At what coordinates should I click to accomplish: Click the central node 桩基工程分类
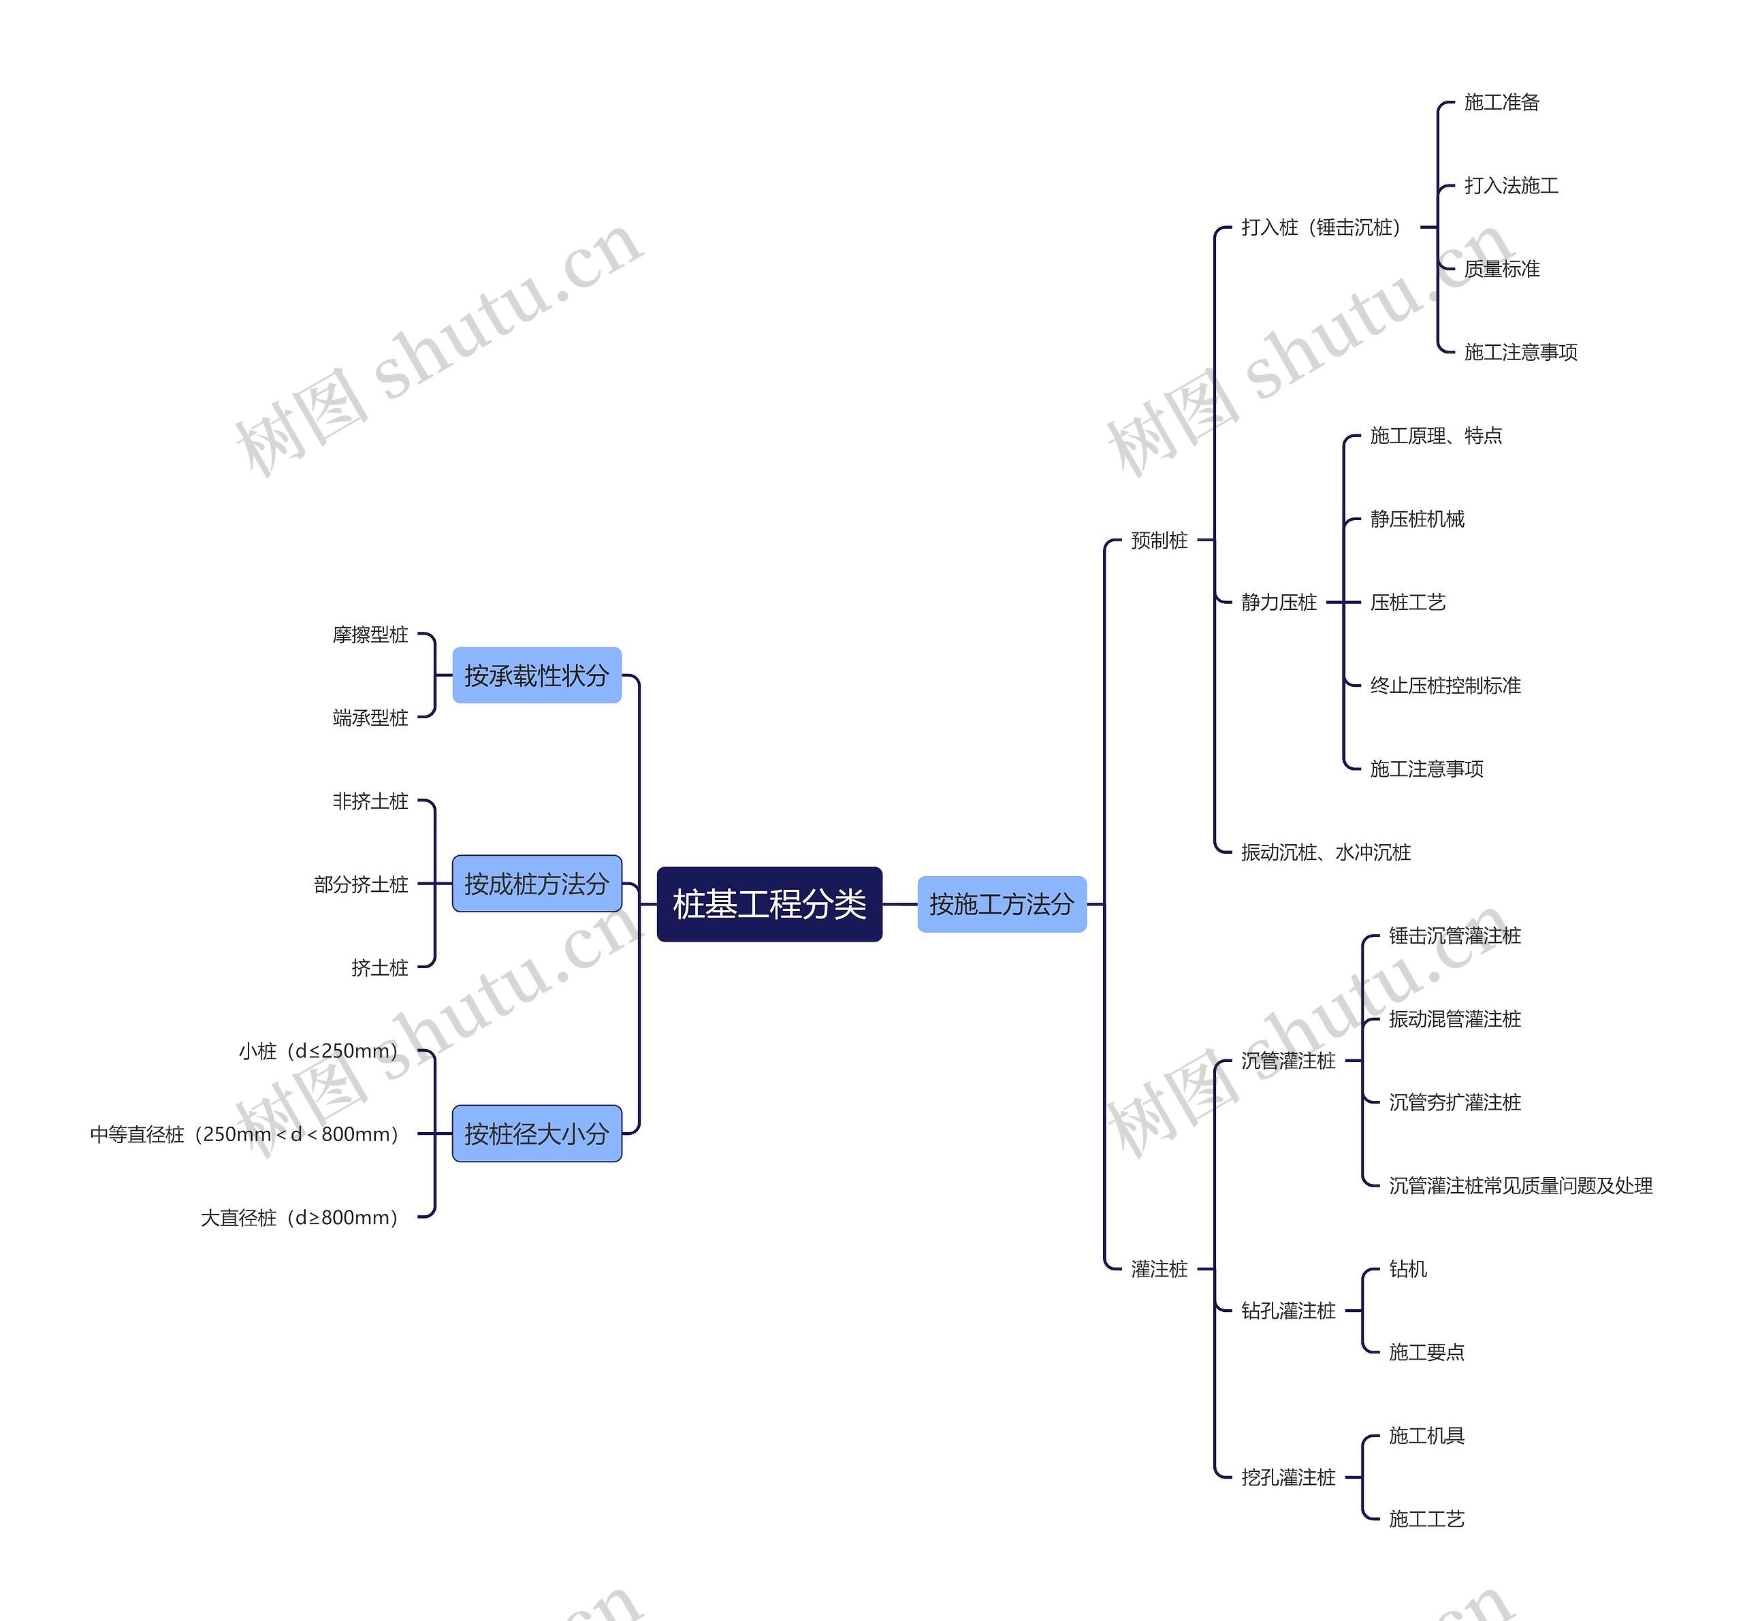click(x=769, y=904)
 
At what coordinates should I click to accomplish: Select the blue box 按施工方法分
click(x=1002, y=904)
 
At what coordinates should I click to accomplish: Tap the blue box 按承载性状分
click(x=537, y=675)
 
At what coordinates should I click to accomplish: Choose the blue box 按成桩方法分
click(x=537, y=884)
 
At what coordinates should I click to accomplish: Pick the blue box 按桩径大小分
click(x=537, y=1134)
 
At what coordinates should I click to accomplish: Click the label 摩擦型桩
click(x=370, y=634)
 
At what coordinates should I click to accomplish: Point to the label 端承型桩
click(x=370, y=717)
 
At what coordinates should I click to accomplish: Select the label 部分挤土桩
click(x=362, y=884)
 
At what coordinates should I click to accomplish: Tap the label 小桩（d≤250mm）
click(x=318, y=1050)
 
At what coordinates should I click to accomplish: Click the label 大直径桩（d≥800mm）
click(x=300, y=1217)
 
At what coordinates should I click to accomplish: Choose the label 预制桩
click(x=1159, y=540)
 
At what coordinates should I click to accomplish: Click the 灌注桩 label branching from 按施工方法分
click(x=1159, y=1268)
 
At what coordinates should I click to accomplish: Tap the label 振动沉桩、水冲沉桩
click(x=1326, y=851)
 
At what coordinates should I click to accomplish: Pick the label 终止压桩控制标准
click(x=1445, y=686)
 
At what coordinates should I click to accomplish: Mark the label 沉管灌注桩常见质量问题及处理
click(x=1520, y=1185)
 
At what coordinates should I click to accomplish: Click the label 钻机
click(x=1408, y=1268)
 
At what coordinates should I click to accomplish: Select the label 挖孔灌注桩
click(x=1288, y=1477)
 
